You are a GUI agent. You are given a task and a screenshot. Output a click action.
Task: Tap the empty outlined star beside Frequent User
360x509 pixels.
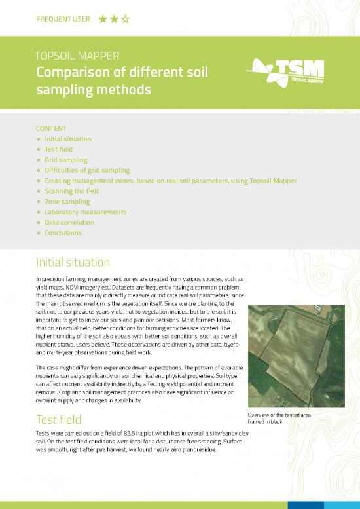pyautogui.click(x=126, y=19)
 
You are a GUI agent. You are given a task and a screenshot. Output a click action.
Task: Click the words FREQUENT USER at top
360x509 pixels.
pyautogui.click(x=63, y=19)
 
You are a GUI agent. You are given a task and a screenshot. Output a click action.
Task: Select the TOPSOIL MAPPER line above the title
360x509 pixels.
pyautogui.click(x=77, y=56)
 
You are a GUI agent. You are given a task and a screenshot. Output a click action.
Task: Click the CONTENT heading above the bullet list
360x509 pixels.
pyautogui.click(x=51, y=129)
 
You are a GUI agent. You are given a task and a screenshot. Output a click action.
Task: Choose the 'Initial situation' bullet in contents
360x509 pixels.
pyautogui.click(x=67, y=140)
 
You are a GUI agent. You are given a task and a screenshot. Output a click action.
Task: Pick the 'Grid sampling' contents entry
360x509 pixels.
pyautogui.click(x=65, y=160)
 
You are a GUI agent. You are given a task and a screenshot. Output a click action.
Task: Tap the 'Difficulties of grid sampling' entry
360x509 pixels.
pyautogui.click(x=87, y=170)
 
